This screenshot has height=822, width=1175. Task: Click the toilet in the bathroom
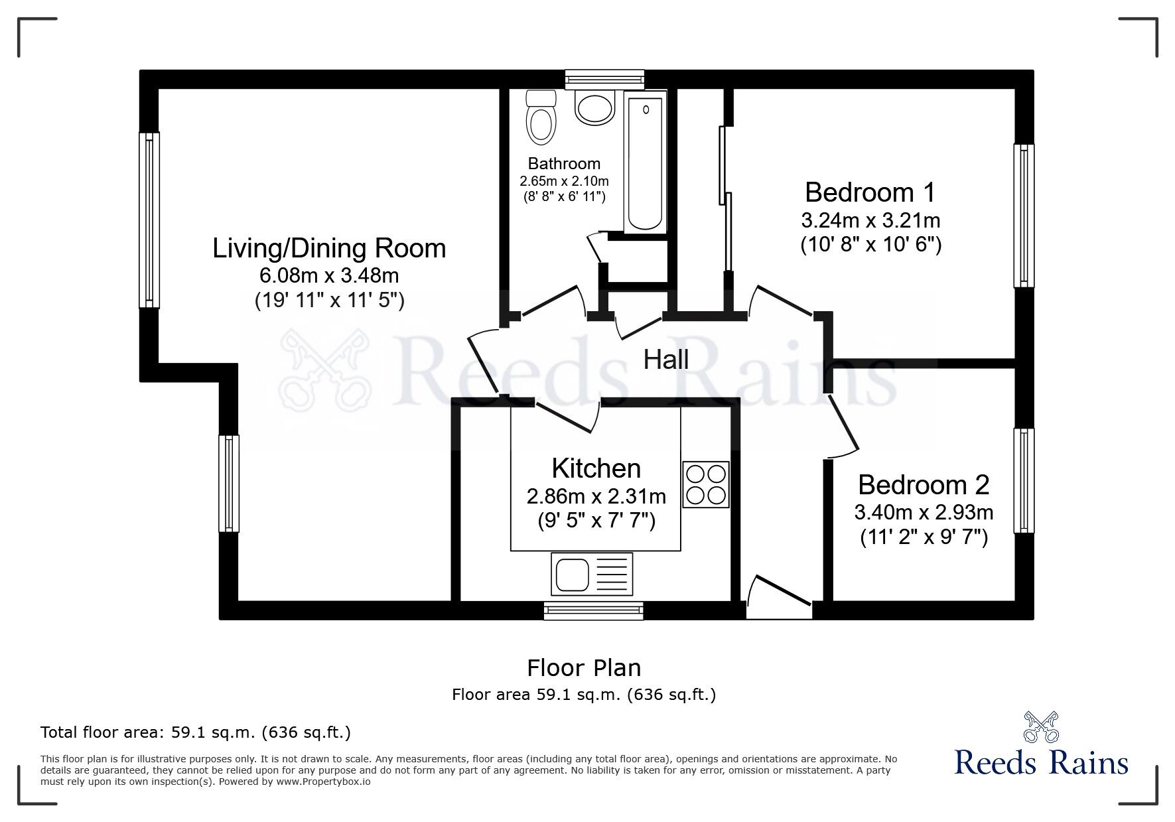[x=541, y=119]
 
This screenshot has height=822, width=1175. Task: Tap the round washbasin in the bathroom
[x=594, y=108]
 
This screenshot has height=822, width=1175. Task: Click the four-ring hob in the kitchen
[x=706, y=485]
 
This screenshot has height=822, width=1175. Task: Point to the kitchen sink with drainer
[x=591, y=574]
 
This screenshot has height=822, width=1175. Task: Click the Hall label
[x=666, y=360]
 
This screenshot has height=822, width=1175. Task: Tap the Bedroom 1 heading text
[x=870, y=192]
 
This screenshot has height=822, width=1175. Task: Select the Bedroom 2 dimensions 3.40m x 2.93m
[x=924, y=512]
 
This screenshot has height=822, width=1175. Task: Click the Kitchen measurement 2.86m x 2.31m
[x=596, y=496]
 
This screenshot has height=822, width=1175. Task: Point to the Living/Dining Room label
[x=329, y=249]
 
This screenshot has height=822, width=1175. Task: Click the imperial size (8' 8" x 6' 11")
[x=563, y=196]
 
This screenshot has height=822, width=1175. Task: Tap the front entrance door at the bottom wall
[x=779, y=601]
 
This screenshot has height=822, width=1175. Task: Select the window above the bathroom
[x=604, y=80]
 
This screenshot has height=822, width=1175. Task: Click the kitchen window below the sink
[x=593, y=610]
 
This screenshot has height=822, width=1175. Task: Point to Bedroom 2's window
[x=1024, y=480]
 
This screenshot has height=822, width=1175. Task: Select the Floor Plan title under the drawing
[x=584, y=667]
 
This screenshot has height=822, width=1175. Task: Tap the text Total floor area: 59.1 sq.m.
[x=196, y=732]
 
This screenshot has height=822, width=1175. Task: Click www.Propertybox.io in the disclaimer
[x=323, y=782]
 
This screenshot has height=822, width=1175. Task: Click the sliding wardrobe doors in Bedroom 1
[x=725, y=199]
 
